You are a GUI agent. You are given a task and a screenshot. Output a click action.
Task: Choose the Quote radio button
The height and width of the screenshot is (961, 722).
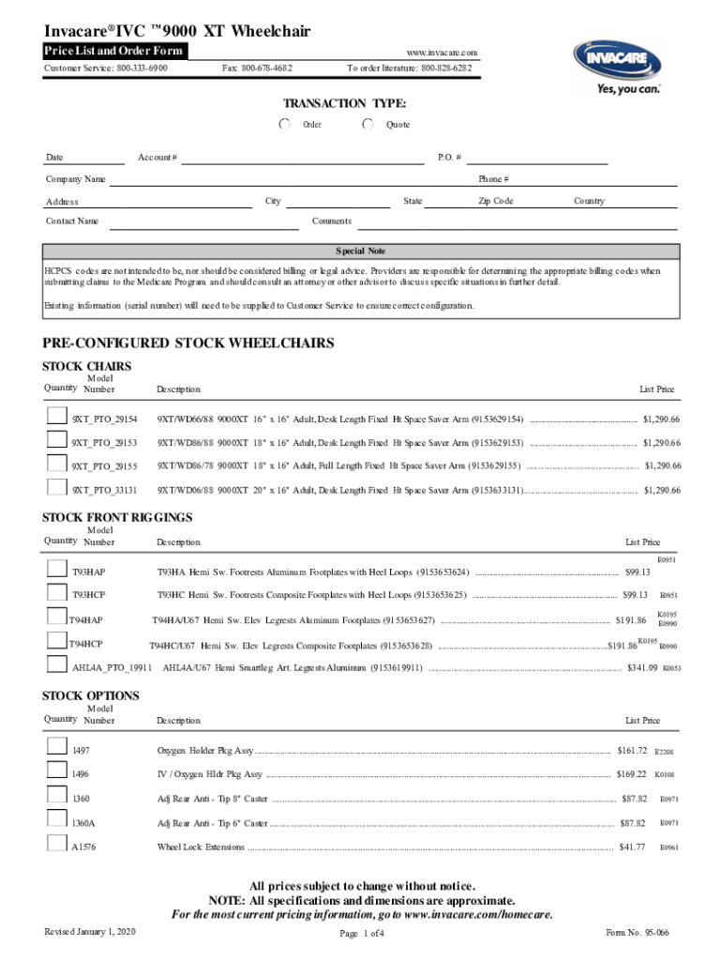(x=369, y=124)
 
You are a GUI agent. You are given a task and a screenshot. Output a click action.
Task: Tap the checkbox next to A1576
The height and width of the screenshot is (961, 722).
(x=57, y=846)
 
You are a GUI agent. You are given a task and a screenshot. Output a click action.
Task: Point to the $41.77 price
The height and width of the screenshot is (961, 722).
(x=633, y=847)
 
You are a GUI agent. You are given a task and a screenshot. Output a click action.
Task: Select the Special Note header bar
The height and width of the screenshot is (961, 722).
(x=361, y=252)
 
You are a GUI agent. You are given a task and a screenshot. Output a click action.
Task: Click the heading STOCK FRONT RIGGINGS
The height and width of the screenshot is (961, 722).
(x=118, y=517)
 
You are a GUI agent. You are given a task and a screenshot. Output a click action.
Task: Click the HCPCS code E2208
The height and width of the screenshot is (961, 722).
(x=664, y=753)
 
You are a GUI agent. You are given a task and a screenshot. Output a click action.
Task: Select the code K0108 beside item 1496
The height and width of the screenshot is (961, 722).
(x=665, y=775)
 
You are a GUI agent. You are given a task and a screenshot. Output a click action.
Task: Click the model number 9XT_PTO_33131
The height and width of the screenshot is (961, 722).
(x=105, y=490)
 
